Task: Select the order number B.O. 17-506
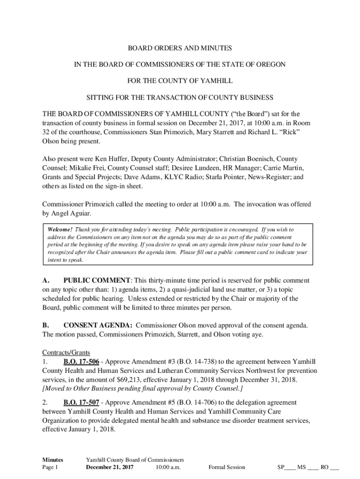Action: [80, 362]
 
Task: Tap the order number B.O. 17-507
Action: [80, 402]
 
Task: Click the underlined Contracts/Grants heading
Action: [66, 352]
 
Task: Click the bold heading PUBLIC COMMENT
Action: [97, 281]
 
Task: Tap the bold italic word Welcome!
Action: [60, 230]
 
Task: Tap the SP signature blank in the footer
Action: [287, 467]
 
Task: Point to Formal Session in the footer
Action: [227, 467]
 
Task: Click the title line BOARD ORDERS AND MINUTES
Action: [180, 48]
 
